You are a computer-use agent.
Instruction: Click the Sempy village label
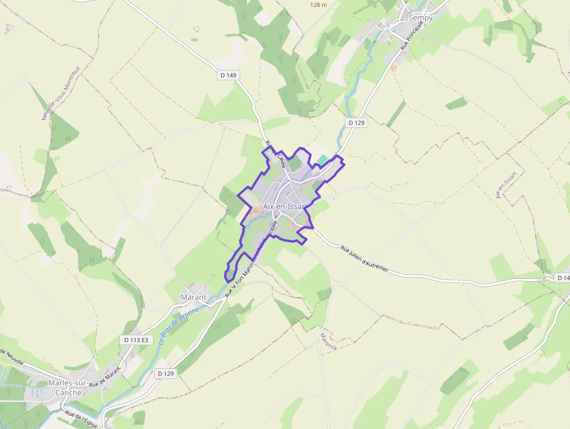click(421, 17)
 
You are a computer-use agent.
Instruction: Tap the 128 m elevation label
click(319, 5)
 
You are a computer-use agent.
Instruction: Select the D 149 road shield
click(229, 75)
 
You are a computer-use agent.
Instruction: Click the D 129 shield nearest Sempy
click(357, 123)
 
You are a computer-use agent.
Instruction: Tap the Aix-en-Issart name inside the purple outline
click(284, 206)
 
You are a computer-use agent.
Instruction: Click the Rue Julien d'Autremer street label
click(364, 258)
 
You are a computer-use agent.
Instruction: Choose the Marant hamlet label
click(193, 297)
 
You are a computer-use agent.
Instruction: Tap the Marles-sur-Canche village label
click(68, 387)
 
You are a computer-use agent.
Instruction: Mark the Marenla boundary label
click(328, 341)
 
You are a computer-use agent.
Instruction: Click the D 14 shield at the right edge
click(562, 278)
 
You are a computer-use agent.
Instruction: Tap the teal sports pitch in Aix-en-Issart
click(322, 159)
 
